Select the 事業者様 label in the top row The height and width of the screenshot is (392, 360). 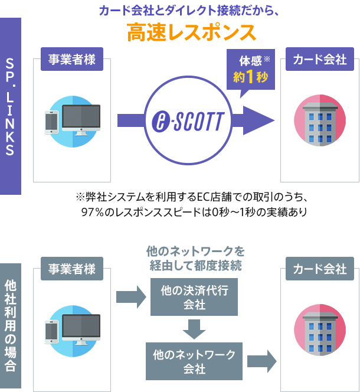click(72, 60)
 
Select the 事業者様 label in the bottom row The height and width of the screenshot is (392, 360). click(72, 270)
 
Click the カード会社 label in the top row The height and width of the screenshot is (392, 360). click(319, 60)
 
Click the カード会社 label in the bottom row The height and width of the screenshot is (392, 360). click(319, 270)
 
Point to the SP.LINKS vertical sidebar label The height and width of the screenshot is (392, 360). click(10, 106)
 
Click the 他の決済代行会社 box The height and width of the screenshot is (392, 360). click(194, 298)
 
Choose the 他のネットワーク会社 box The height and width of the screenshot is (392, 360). click(194, 361)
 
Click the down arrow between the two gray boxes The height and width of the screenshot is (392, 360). click(194, 328)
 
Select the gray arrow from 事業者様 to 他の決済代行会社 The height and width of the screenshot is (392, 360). click(131, 296)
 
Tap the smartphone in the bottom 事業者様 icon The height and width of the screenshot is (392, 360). click(52, 331)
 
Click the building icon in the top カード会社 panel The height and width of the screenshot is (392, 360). click(319, 121)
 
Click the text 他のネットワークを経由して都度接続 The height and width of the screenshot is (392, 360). click(194, 259)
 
